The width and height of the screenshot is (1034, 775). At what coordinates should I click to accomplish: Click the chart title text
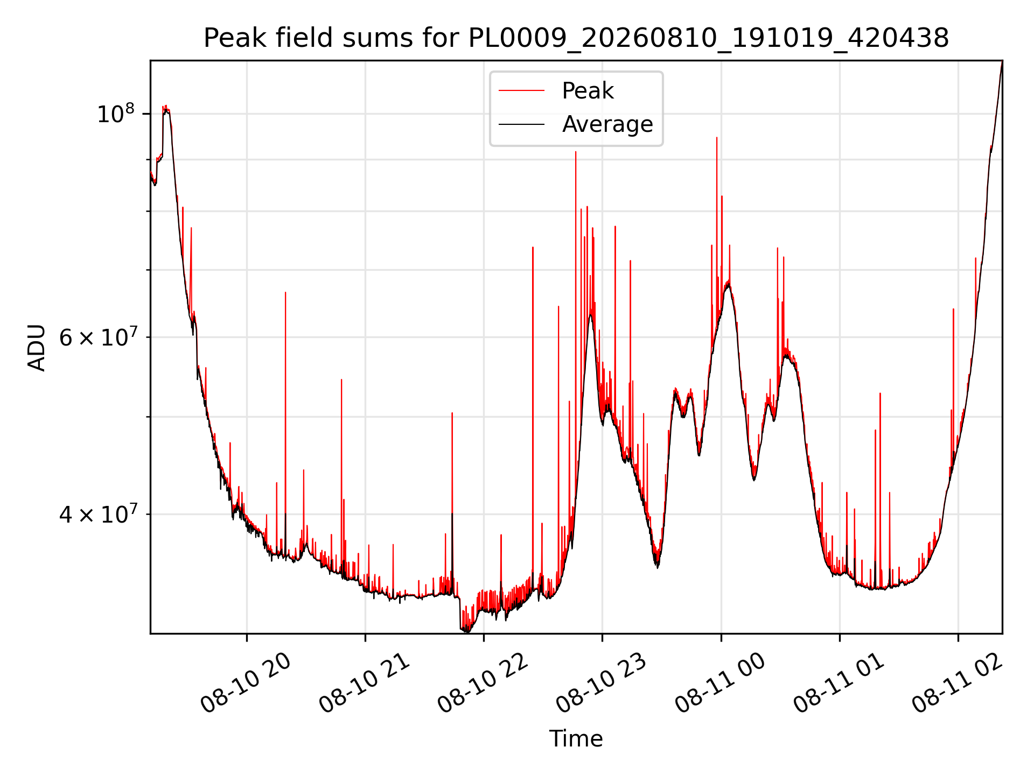click(x=576, y=38)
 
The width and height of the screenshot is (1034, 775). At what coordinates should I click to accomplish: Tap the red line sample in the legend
click(x=521, y=90)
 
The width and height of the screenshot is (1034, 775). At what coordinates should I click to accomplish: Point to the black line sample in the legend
click(x=521, y=124)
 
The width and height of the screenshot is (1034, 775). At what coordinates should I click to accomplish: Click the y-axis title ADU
click(x=37, y=347)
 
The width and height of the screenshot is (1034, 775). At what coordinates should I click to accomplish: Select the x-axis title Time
click(x=576, y=739)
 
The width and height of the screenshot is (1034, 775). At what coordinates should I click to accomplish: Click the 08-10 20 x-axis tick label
click(x=246, y=684)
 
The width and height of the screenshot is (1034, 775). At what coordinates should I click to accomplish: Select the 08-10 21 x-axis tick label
click(x=365, y=684)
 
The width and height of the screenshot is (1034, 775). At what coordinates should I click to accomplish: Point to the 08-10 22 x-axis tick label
click(x=483, y=684)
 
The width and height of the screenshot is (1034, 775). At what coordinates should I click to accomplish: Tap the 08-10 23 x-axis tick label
click(x=602, y=684)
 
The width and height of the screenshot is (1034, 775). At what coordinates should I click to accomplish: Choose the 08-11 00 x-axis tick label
click(x=720, y=684)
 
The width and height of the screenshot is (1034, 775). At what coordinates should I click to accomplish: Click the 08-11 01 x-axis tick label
click(x=839, y=684)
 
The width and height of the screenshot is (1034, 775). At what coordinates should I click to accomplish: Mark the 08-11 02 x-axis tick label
click(x=958, y=684)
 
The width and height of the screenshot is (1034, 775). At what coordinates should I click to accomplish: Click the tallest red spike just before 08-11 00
click(x=717, y=138)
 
